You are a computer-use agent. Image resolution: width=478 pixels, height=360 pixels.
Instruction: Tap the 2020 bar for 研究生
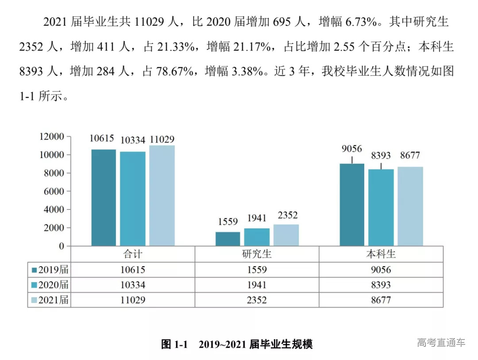(257, 237)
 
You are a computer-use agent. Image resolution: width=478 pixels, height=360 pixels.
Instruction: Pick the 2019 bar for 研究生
(228, 239)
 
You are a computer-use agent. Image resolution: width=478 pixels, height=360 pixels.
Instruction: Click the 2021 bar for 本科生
(410, 206)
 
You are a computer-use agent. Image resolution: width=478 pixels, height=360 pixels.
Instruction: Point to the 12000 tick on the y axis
(53, 137)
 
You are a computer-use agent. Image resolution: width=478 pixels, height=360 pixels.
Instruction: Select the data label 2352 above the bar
(288, 216)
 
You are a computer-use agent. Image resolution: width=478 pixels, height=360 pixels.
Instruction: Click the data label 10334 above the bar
(132, 140)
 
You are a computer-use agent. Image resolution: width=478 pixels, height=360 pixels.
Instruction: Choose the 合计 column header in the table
(133, 255)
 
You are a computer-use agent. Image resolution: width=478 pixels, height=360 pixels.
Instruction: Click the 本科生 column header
(381, 255)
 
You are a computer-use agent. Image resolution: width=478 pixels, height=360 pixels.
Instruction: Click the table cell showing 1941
(257, 285)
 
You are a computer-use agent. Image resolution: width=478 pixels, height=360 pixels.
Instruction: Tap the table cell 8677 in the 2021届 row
(381, 300)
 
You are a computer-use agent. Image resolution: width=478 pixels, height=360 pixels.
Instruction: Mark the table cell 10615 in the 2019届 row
(133, 270)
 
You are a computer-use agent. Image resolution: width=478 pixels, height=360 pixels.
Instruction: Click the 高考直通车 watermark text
(441, 342)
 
